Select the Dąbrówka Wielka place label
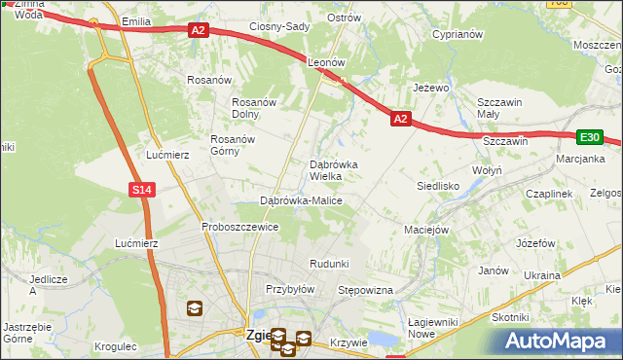pos(333,170)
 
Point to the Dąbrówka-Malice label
pos(301,200)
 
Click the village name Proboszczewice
pos(240,227)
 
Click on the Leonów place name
pos(327,61)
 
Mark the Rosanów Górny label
pos(232,145)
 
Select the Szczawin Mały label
pos(500,107)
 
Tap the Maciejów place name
pos(425,231)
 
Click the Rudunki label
pos(329,264)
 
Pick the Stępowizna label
pos(364,291)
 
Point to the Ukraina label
pos(542,275)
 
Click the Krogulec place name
pos(117,345)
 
